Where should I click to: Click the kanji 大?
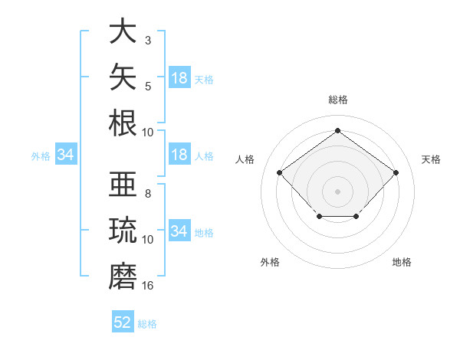click(x=123, y=31)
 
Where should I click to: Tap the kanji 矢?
click(x=123, y=77)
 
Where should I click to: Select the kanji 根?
click(x=123, y=123)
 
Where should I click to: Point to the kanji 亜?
click(x=123, y=184)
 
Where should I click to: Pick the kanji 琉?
click(x=123, y=230)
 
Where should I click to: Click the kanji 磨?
click(x=123, y=276)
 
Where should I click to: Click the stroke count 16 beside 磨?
click(x=147, y=285)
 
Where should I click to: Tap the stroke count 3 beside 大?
click(x=148, y=40)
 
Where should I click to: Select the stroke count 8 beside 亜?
click(x=148, y=194)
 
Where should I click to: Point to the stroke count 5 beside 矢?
click(x=148, y=87)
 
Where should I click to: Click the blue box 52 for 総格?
click(x=123, y=321)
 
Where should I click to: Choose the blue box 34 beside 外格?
click(x=66, y=154)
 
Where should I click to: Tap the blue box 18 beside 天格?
click(x=179, y=77)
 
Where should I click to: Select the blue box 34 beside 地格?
click(x=179, y=230)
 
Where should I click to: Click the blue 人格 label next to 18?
click(x=204, y=156)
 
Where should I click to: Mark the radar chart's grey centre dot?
click(x=337, y=191)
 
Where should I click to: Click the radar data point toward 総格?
click(x=337, y=130)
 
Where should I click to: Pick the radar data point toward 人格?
click(x=279, y=172)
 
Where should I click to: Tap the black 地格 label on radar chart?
click(x=402, y=262)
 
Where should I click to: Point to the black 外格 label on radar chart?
click(x=270, y=262)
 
